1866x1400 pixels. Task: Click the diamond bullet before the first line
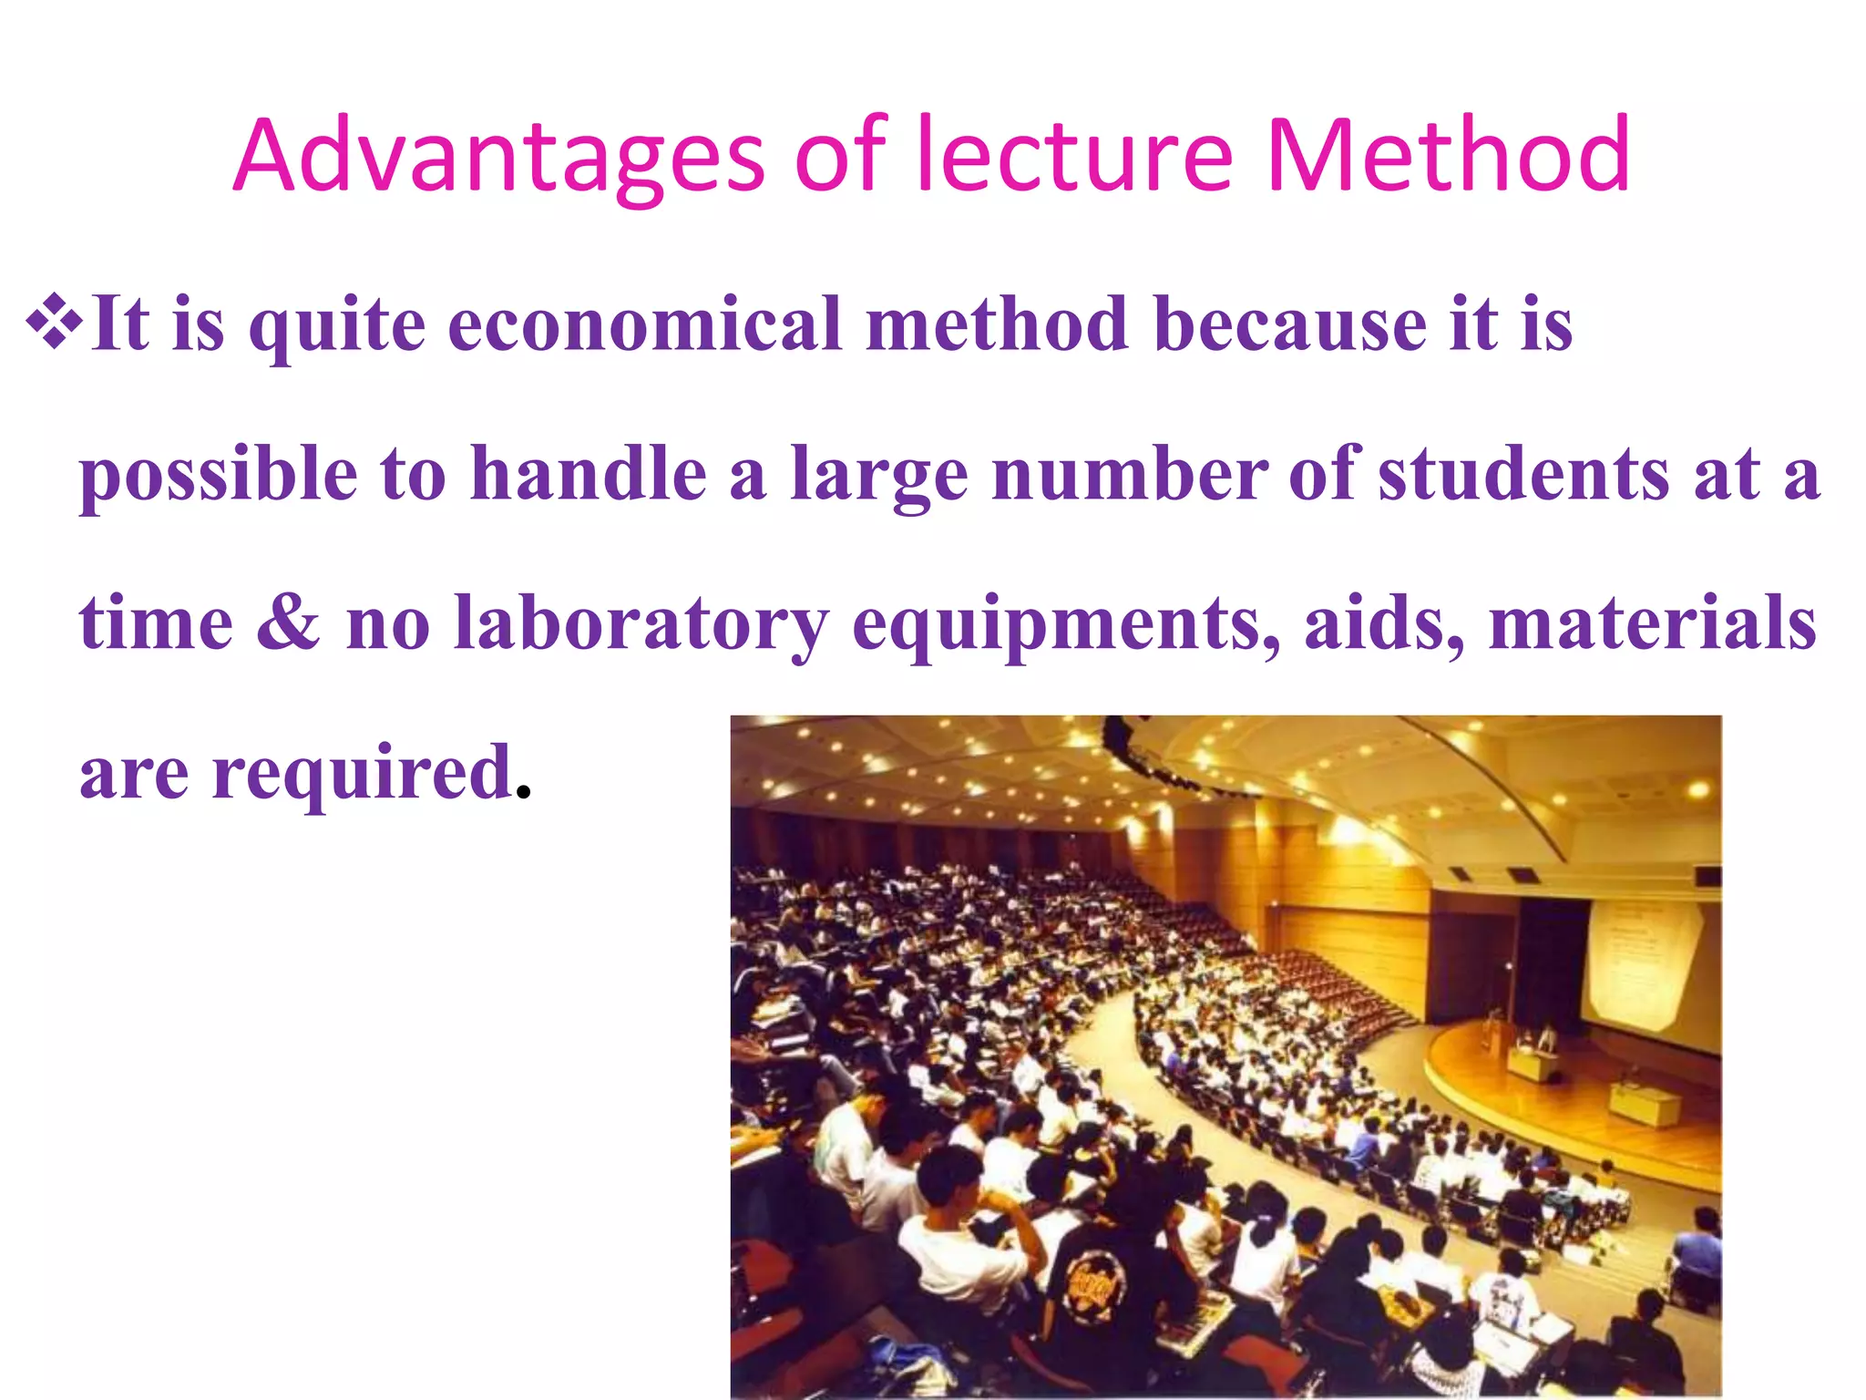click(x=54, y=322)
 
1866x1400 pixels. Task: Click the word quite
click(x=337, y=326)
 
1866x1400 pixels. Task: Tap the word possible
click(x=219, y=476)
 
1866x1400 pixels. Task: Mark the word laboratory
click(x=642, y=625)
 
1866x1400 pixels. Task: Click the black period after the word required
click(x=523, y=792)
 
